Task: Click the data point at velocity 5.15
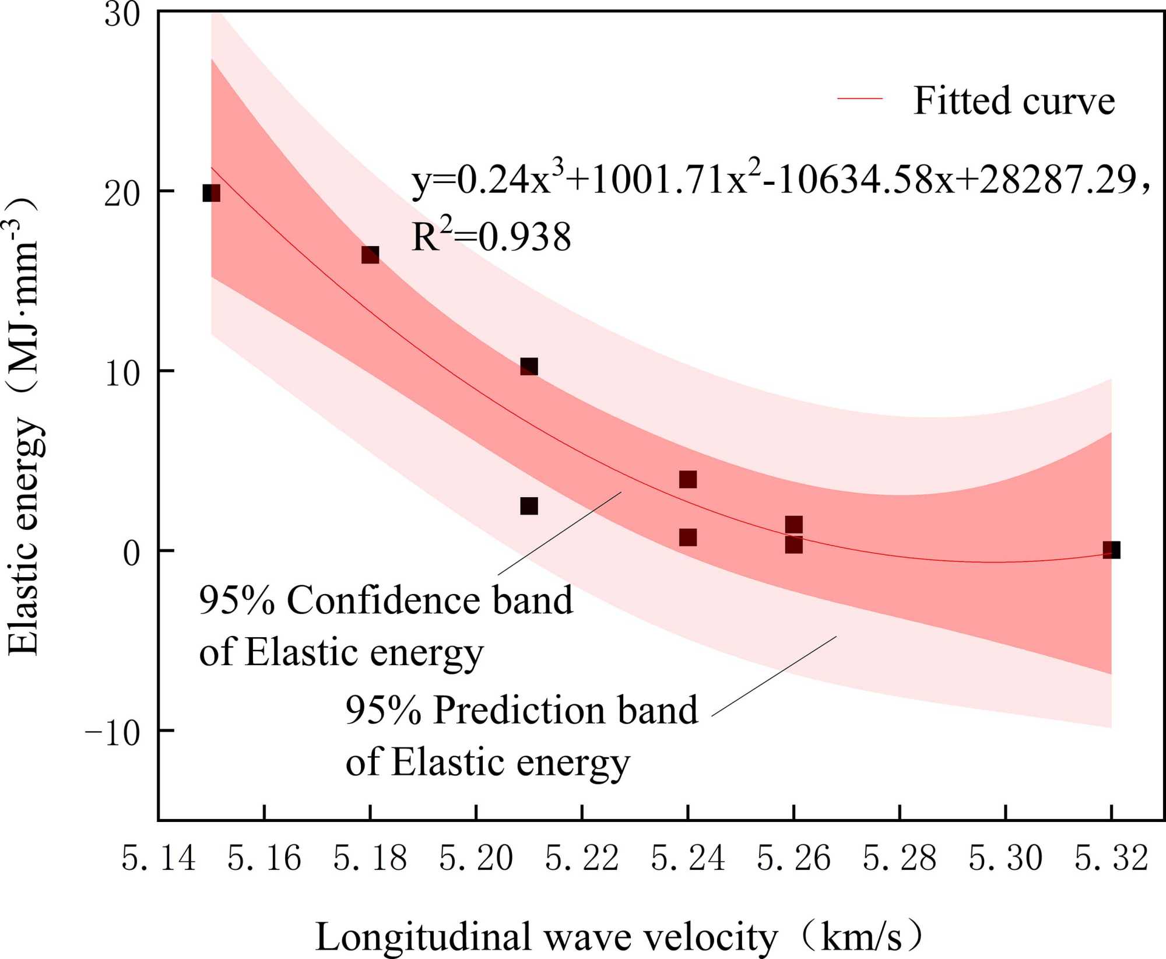pyautogui.click(x=211, y=193)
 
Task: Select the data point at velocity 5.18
pyautogui.click(x=370, y=255)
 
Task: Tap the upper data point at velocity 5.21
pyautogui.click(x=529, y=367)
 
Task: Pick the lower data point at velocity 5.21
pyautogui.click(x=529, y=506)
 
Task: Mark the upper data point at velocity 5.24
pyautogui.click(x=688, y=479)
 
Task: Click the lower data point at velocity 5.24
pyautogui.click(x=688, y=537)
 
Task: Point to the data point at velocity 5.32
pyautogui.click(x=1111, y=550)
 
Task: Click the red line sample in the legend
pyautogui.click(x=860, y=99)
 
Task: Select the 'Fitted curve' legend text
pyautogui.click(x=1014, y=101)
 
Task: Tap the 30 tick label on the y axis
pyautogui.click(x=122, y=14)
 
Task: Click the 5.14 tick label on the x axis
pyautogui.click(x=158, y=859)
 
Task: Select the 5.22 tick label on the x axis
pyautogui.click(x=582, y=859)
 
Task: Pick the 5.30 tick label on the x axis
pyautogui.click(x=1005, y=859)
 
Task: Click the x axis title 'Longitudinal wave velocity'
pyautogui.click(x=546, y=937)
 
